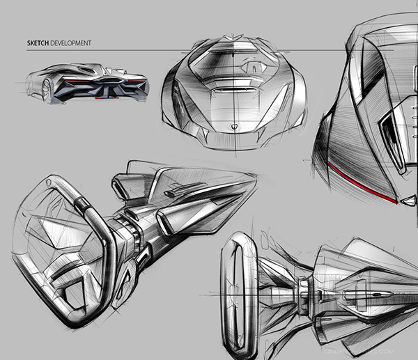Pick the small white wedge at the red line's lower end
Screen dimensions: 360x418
point(396,202)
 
